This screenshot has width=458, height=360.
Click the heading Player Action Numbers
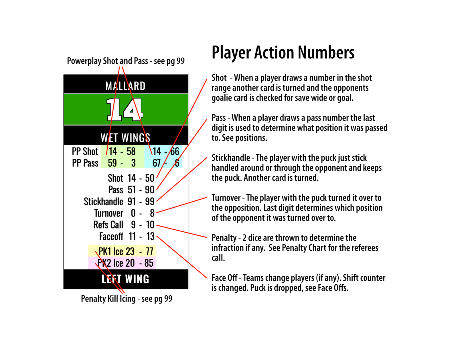coord(283,53)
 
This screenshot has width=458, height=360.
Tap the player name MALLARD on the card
coord(125,86)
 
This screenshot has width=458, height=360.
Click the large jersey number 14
coord(125,110)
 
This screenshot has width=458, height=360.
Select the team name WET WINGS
coord(125,138)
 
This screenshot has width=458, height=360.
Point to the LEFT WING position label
coord(125,279)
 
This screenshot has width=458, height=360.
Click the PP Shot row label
coord(85,151)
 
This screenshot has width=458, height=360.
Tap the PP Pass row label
coord(85,163)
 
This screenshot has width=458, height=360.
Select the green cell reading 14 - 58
coord(122,151)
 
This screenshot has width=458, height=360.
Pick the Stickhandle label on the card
coord(104,202)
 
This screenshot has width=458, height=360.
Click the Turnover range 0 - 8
coord(143,213)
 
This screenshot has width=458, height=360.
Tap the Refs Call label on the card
coord(108,225)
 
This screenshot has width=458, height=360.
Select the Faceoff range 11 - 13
coord(142,236)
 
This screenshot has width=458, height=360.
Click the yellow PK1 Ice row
coord(122,251)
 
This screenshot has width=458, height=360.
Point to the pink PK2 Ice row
coord(122,263)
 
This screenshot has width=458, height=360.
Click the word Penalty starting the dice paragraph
coord(224,238)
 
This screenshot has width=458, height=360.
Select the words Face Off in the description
coord(224,278)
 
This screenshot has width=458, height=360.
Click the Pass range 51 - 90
coord(141,190)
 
